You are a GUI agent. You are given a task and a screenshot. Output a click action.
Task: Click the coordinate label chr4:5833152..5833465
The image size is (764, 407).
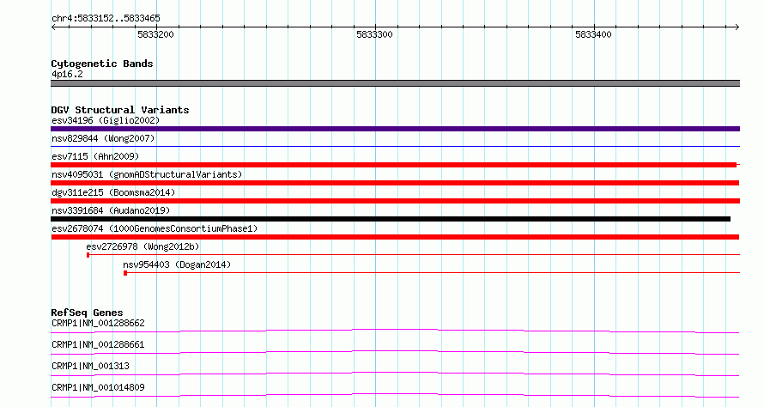coord(106,19)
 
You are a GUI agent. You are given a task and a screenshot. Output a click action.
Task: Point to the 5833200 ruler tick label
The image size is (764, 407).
coord(155,34)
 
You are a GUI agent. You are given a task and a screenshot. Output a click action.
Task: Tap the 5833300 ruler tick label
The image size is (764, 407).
coord(374,34)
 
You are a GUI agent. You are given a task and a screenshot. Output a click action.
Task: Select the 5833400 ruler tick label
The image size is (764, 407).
coord(593,34)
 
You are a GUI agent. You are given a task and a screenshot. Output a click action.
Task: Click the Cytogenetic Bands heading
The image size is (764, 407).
coord(102,64)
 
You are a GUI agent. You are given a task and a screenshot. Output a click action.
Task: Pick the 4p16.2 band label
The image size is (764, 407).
coord(67,74)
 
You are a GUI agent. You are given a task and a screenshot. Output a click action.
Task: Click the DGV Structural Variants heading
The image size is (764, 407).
coord(120,110)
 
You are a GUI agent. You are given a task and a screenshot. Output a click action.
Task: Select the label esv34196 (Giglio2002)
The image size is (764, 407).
coord(106,120)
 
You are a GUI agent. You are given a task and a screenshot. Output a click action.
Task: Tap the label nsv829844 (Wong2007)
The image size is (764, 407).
coord(103,138)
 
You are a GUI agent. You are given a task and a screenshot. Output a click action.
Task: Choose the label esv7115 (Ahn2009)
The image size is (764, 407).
coord(95,156)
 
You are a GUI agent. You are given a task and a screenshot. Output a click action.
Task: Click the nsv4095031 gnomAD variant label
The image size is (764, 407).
coord(147,174)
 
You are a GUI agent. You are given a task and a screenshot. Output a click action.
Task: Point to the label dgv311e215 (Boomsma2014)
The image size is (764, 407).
coord(113,192)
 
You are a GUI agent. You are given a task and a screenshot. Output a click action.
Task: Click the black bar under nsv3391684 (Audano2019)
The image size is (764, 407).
coord(391,219)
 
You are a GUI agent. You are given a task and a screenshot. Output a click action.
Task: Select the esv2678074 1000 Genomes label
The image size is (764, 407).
coord(155,228)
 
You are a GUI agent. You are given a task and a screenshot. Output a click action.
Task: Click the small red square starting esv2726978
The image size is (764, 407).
coord(88,255)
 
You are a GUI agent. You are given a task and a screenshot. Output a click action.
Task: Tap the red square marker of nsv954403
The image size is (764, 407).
coord(125,273)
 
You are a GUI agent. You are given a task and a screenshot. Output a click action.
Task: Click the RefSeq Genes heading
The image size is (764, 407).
coord(87,313)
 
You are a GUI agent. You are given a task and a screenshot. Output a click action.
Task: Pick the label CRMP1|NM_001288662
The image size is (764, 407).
coord(98,323)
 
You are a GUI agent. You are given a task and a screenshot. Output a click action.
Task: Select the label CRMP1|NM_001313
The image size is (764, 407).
coord(91,366)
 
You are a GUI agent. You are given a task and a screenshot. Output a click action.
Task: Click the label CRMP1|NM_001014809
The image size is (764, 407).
coord(98,387)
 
